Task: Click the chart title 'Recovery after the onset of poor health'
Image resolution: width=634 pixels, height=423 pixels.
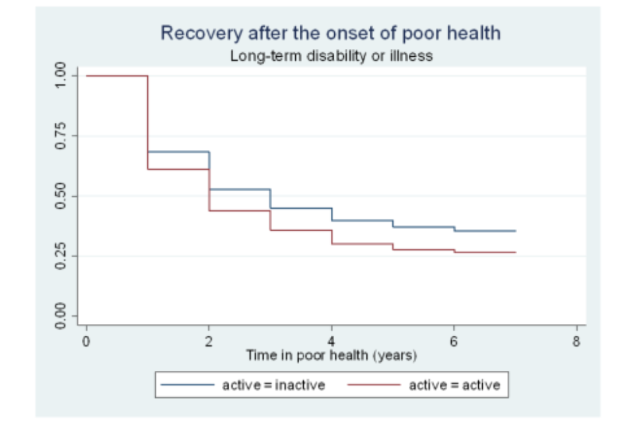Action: click(331, 33)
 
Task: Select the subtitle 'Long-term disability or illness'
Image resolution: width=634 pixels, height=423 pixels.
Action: click(331, 56)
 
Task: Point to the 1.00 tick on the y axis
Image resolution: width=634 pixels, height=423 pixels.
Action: click(61, 75)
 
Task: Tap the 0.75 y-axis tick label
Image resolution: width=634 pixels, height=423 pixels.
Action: click(61, 135)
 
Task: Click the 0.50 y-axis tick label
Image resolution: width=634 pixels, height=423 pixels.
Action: click(61, 196)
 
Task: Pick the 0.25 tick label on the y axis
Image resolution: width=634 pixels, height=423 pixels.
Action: click(61, 256)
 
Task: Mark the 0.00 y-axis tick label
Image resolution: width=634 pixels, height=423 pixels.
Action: click(61, 316)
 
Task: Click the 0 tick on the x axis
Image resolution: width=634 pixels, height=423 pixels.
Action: click(86, 341)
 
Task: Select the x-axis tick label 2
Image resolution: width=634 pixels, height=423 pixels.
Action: click(209, 341)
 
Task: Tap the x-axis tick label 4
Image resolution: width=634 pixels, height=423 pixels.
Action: click(332, 341)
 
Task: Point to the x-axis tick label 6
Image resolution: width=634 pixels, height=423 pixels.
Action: click(454, 341)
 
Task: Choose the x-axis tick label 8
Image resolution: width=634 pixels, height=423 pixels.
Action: click(577, 341)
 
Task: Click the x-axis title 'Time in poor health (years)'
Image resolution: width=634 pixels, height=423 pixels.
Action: click(332, 356)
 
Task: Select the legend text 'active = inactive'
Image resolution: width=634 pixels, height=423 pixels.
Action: click(273, 385)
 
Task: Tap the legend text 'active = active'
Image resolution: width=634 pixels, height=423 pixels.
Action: click(454, 385)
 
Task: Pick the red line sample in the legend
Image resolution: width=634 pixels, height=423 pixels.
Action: click(378, 385)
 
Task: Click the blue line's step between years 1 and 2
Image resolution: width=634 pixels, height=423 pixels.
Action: click(178, 151)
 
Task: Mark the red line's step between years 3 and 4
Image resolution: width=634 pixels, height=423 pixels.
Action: click(300, 230)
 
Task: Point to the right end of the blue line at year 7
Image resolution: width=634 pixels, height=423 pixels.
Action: click(515, 231)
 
